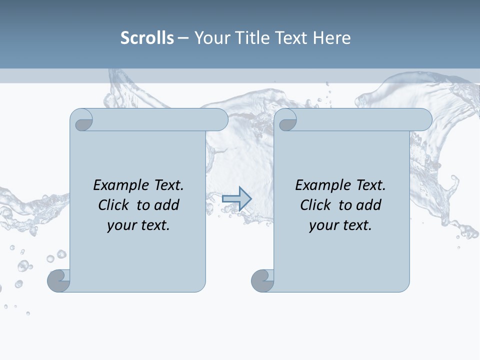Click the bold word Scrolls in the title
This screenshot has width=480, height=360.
pos(147,38)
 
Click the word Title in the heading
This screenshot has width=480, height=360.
pos(249,38)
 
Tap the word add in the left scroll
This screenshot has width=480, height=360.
pos(166,205)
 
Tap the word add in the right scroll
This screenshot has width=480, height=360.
pos(368,205)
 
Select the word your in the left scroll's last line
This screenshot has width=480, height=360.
pos(120,225)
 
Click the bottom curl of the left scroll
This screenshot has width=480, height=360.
pos(59,280)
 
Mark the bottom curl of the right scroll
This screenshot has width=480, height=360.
pos(262,280)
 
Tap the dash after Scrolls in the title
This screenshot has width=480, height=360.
pos(183,38)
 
